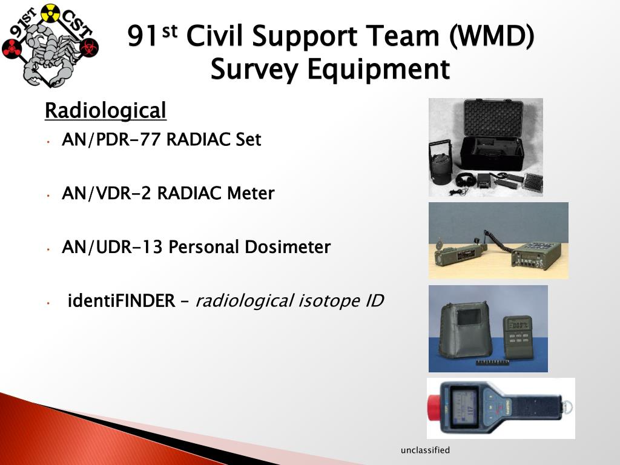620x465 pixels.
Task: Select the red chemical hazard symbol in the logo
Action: (x=12, y=48)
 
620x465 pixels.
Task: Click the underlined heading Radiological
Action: (x=105, y=111)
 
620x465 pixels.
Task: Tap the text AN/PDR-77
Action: (x=111, y=140)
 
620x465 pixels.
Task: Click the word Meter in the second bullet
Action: (x=251, y=194)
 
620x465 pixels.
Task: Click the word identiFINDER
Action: (x=120, y=300)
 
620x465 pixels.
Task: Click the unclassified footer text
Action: (x=425, y=450)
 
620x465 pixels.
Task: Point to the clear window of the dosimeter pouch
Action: (x=467, y=318)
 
